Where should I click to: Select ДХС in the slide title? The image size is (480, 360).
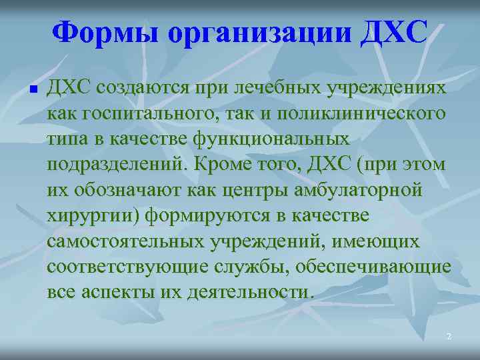point(393,33)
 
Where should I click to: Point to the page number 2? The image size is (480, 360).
point(449,337)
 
